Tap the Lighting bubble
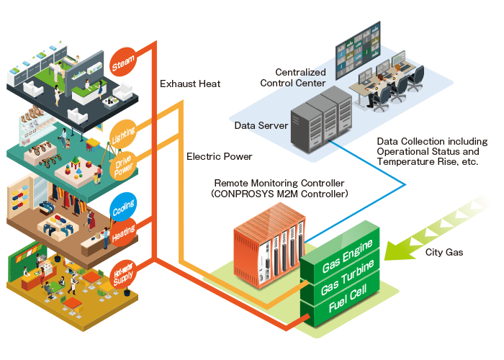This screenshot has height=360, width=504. tap(123, 134)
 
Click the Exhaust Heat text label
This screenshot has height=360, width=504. tap(190, 84)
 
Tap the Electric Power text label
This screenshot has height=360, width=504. tap(215, 156)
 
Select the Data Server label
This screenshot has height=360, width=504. tap(261, 126)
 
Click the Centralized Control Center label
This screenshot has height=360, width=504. tap(300, 78)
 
